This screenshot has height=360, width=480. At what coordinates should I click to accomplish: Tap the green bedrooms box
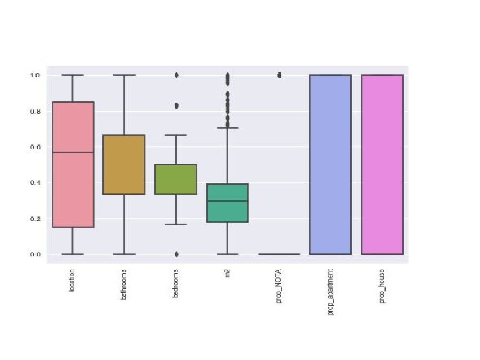176,179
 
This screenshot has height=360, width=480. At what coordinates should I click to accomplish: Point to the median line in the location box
73,152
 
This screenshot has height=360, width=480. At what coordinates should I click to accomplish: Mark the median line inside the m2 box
227,201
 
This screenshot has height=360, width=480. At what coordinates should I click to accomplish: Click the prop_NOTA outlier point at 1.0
279,75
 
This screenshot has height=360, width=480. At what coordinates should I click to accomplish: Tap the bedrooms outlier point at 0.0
176,254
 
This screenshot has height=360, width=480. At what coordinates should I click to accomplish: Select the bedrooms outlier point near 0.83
176,106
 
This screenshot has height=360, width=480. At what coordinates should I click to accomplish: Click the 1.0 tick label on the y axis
36,75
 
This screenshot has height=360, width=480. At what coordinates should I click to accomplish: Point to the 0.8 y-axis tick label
36,111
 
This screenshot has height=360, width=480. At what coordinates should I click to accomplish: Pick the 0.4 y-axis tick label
36,183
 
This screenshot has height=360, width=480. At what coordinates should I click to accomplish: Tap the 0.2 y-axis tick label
36,219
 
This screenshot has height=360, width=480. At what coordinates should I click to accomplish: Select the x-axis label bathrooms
124,285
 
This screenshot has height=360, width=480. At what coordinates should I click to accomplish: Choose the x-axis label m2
228,273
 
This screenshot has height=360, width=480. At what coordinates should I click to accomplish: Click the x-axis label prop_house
382,287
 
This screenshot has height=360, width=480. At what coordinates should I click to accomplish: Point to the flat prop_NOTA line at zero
279,254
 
